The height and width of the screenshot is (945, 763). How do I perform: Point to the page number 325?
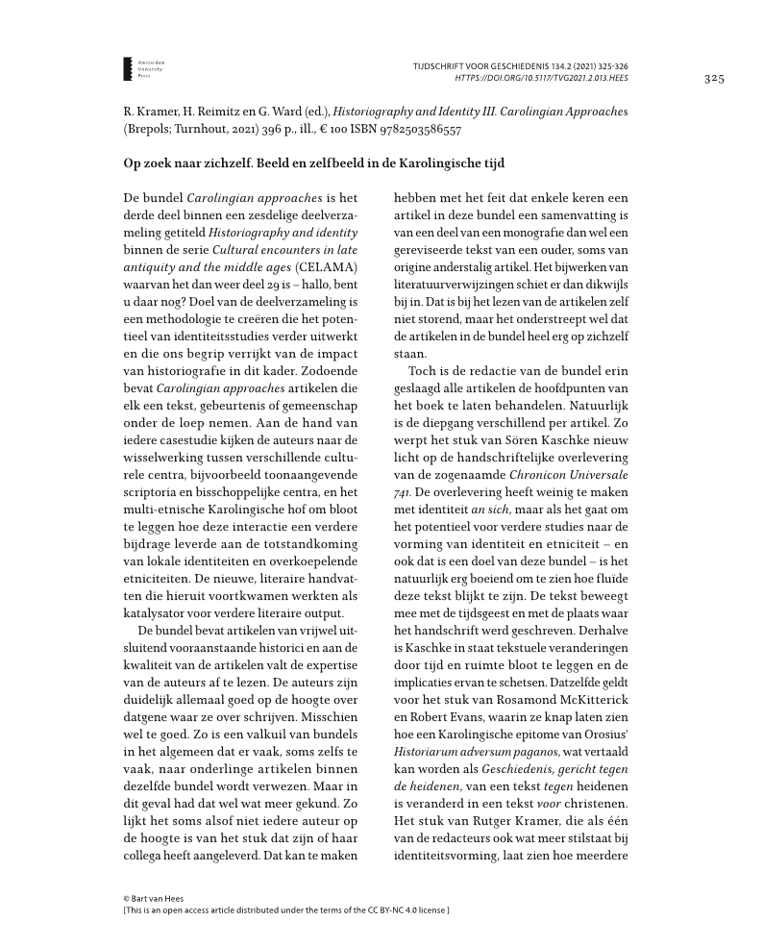click(x=713, y=78)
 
